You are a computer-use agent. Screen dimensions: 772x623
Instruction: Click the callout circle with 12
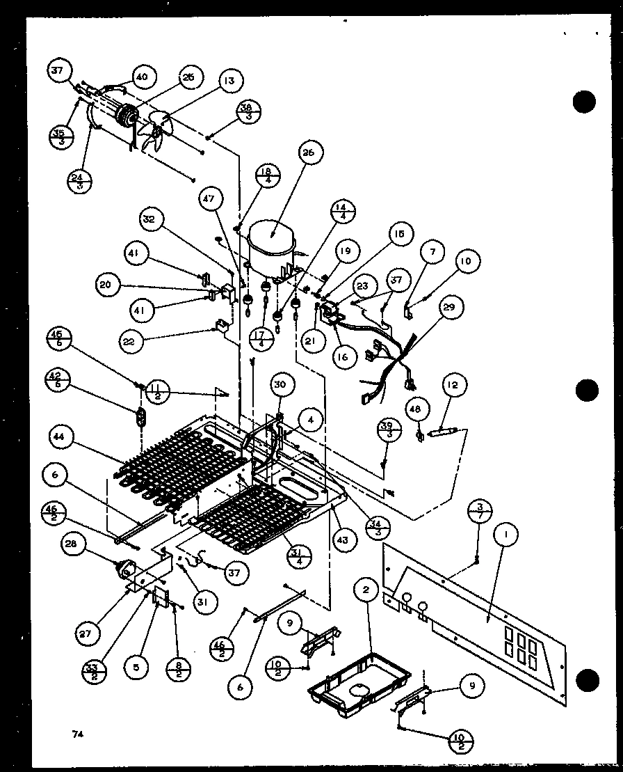pos(455,385)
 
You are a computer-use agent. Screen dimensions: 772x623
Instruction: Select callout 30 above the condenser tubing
pos(284,384)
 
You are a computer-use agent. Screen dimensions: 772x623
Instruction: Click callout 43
pos(342,538)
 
